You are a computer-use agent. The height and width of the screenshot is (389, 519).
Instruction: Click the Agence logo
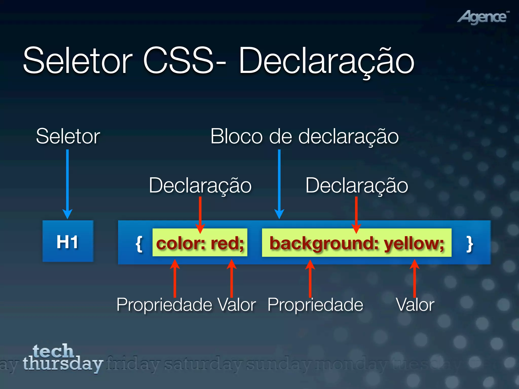click(483, 17)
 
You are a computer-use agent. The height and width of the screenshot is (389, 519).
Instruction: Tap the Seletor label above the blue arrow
click(68, 136)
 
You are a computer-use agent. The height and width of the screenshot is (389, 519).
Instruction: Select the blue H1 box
click(68, 241)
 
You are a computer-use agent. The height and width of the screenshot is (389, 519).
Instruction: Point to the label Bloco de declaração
click(304, 136)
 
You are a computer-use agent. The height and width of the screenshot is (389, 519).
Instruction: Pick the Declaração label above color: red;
click(200, 185)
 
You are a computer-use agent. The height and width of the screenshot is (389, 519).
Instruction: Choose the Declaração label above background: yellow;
click(357, 185)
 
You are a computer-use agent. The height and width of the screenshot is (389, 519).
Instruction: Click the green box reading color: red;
click(200, 243)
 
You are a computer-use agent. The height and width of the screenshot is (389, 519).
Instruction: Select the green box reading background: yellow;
click(357, 243)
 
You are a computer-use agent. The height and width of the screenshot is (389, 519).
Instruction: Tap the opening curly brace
click(139, 244)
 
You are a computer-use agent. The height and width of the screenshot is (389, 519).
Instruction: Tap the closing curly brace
click(470, 244)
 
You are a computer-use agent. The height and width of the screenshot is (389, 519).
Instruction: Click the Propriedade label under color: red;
click(164, 304)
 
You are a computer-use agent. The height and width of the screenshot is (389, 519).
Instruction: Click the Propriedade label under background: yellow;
click(315, 304)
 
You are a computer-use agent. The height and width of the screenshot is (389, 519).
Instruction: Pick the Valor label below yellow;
click(415, 304)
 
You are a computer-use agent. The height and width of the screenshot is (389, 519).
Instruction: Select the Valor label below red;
click(237, 304)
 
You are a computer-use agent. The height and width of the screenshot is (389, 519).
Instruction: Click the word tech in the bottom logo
click(53, 351)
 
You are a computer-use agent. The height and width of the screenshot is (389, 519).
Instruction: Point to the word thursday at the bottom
click(63, 364)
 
